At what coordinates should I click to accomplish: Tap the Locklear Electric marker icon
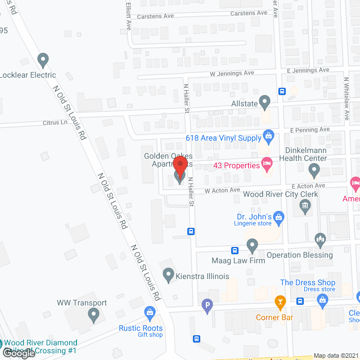pyautogui.click(x=43, y=59)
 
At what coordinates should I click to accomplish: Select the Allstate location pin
pyautogui.click(x=265, y=101)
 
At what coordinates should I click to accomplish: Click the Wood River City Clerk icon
pyautogui.click(x=305, y=207)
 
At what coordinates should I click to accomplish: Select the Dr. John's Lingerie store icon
pyautogui.click(x=280, y=217)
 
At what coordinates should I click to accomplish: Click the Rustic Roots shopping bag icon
pyautogui.click(x=150, y=312)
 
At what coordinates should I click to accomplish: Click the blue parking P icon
pyautogui.click(x=207, y=307)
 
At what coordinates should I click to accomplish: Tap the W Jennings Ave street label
pyautogui.click(x=232, y=73)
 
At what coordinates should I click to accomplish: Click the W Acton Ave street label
pyautogui.click(x=222, y=191)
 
